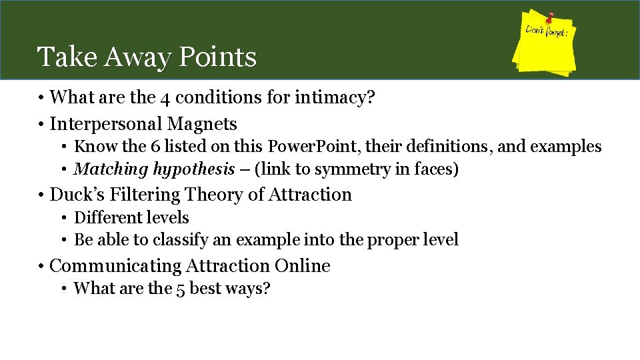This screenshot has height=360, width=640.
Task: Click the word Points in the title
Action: pos(217,57)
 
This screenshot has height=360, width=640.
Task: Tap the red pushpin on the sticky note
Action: pos(551,17)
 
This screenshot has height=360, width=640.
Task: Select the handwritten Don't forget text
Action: pos(546,31)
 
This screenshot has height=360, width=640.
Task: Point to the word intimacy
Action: pos(334,98)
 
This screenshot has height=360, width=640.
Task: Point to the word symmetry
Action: pos(349,169)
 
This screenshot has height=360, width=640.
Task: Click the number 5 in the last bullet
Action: pos(181,289)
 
